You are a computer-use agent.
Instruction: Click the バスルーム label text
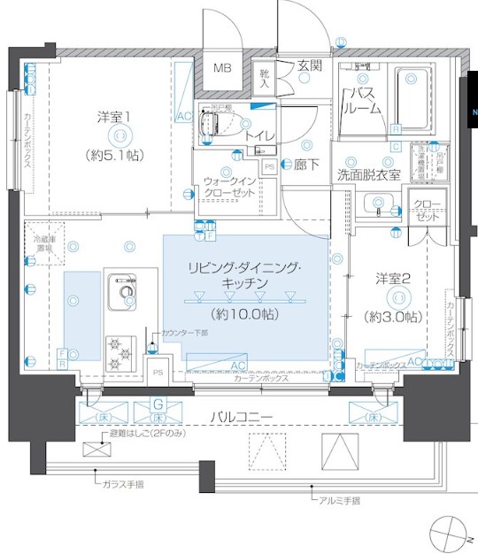click(x=365, y=100)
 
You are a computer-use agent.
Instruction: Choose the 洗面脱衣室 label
click(x=368, y=174)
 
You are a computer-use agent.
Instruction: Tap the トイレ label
click(x=258, y=135)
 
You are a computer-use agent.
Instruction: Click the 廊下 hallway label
click(x=307, y=164)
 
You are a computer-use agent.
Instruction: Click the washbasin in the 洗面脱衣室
click(x=379, y=206)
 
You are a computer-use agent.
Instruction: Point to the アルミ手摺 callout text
click(x=339, y=502)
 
